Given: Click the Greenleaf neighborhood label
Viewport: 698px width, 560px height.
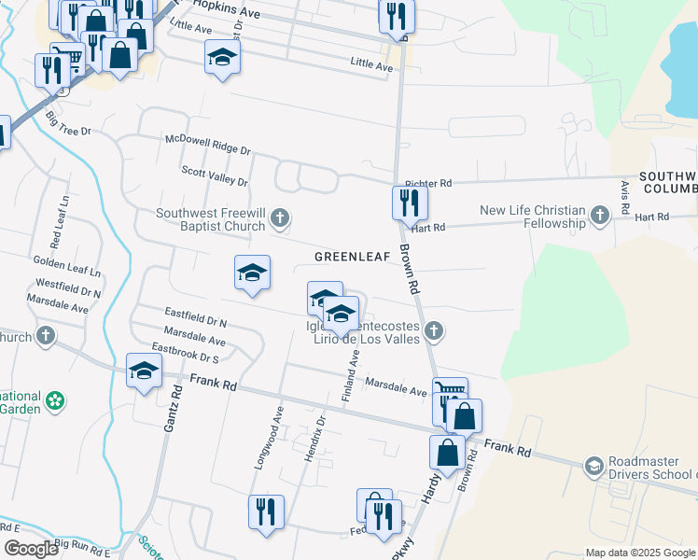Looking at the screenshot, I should point(351,256).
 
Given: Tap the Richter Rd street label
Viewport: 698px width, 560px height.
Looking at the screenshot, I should point(428,184).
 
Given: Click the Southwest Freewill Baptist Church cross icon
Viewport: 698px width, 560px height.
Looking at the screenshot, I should point(279,219).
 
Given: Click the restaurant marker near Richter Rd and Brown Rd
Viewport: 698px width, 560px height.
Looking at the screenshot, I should point(409,202).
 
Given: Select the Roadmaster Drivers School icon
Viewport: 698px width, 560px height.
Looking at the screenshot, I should point(593,466).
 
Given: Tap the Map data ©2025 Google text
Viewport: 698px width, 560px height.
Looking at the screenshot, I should point(639,553).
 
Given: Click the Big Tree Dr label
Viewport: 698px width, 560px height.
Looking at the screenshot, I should point(68,125).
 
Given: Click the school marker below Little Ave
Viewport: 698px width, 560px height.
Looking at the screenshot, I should point(222,58).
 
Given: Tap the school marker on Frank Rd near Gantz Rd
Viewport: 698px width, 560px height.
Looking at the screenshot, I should point(144,371).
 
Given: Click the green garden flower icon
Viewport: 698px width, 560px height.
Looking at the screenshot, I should point(56,401).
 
